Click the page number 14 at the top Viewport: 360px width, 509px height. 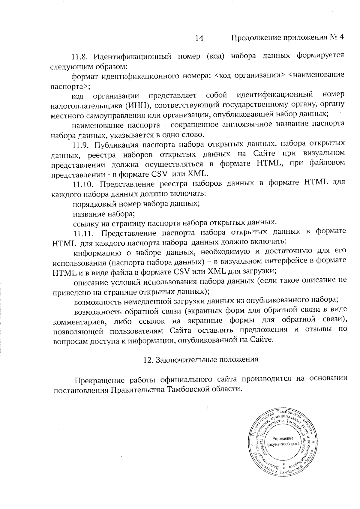pos(199,38)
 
